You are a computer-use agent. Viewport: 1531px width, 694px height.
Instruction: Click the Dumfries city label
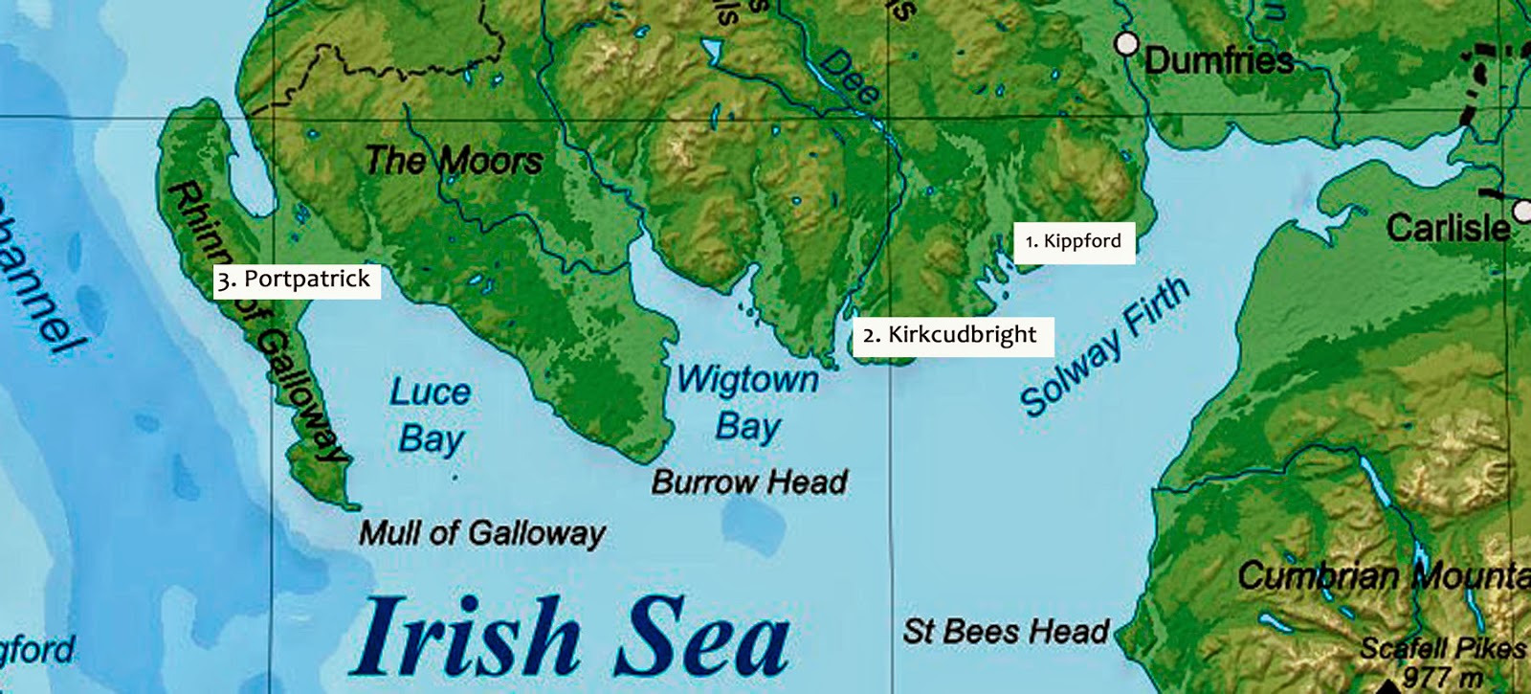click(1219, 61)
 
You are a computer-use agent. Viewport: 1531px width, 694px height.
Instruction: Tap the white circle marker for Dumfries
click(1127, 43)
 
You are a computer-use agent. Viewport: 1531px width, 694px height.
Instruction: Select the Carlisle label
click(1448, 228)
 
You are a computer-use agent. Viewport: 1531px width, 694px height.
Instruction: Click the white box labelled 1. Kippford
click(1074, 241)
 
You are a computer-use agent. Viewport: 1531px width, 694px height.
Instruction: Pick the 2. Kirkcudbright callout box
click(952, 335)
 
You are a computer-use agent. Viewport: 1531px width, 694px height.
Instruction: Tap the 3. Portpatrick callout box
click(296, 280)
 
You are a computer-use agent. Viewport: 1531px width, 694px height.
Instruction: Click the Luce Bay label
click(431, 414)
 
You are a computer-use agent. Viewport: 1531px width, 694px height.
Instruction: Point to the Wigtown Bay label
click(747, 402)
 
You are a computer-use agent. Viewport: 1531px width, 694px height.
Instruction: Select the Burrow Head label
click(749, 481)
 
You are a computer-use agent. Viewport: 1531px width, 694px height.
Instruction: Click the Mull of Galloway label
click(481, 533)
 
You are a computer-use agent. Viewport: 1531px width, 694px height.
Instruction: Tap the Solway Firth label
click(1105, 347)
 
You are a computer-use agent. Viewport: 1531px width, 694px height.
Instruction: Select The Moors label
click(453, 160)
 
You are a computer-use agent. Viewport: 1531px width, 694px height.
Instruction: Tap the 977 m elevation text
click(1442, 678)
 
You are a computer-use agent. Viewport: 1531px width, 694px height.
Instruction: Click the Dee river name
click(850, 77)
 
